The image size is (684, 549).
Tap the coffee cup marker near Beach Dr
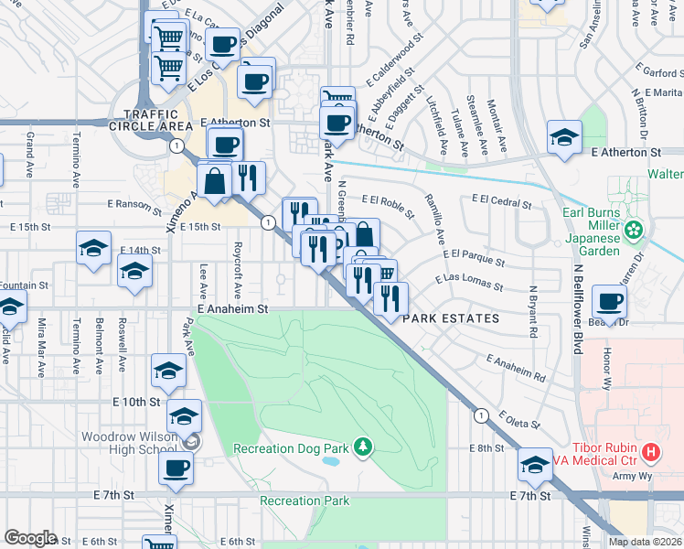pyautogui.click(x=609, y=301)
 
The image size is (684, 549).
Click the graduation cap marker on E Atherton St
pyautogui.click(x=564, y=137)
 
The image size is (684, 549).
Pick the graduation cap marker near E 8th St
pyautogui.click(x=535, y=465)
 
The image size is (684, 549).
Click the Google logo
pyautogui.click(x=30, y=538)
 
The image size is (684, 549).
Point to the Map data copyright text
pyautogui.click(x=645, y=542)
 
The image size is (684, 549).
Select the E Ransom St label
pyautogui.click(x=134, y=205)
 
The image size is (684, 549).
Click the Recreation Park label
pyautogui.click(x=305, y=501)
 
